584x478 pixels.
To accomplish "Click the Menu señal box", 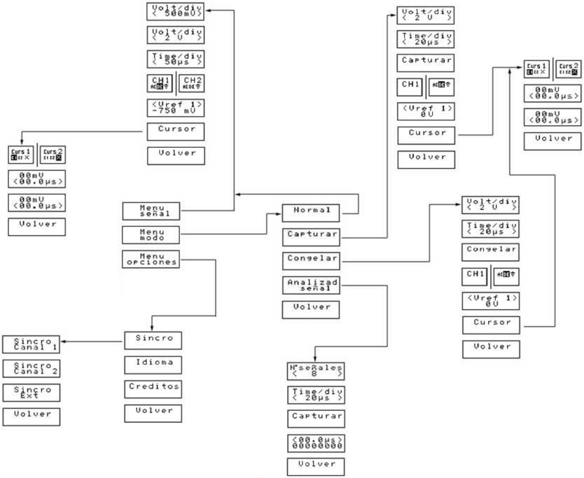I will coord(151,211).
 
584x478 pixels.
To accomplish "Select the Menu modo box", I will coord(151,235).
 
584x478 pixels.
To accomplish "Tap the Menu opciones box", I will coord(151,259).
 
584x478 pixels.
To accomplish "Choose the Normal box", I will coord(311,213).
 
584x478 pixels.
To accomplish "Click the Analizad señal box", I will coord(311,285).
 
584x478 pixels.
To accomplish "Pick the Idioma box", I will coord(153,365).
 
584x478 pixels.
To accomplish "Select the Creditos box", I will coord(153,389).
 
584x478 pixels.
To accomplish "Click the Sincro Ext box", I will coord(31,393).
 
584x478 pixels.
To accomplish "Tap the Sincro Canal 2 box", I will coord(31,368).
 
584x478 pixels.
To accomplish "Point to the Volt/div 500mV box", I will coord(175,11).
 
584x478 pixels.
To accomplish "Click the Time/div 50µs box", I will coord(176,59).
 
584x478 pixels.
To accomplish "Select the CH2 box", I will coord(192,83).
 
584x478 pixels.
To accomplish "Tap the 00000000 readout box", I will coord(316,443).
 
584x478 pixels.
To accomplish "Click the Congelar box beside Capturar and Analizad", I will coord(311,261).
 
